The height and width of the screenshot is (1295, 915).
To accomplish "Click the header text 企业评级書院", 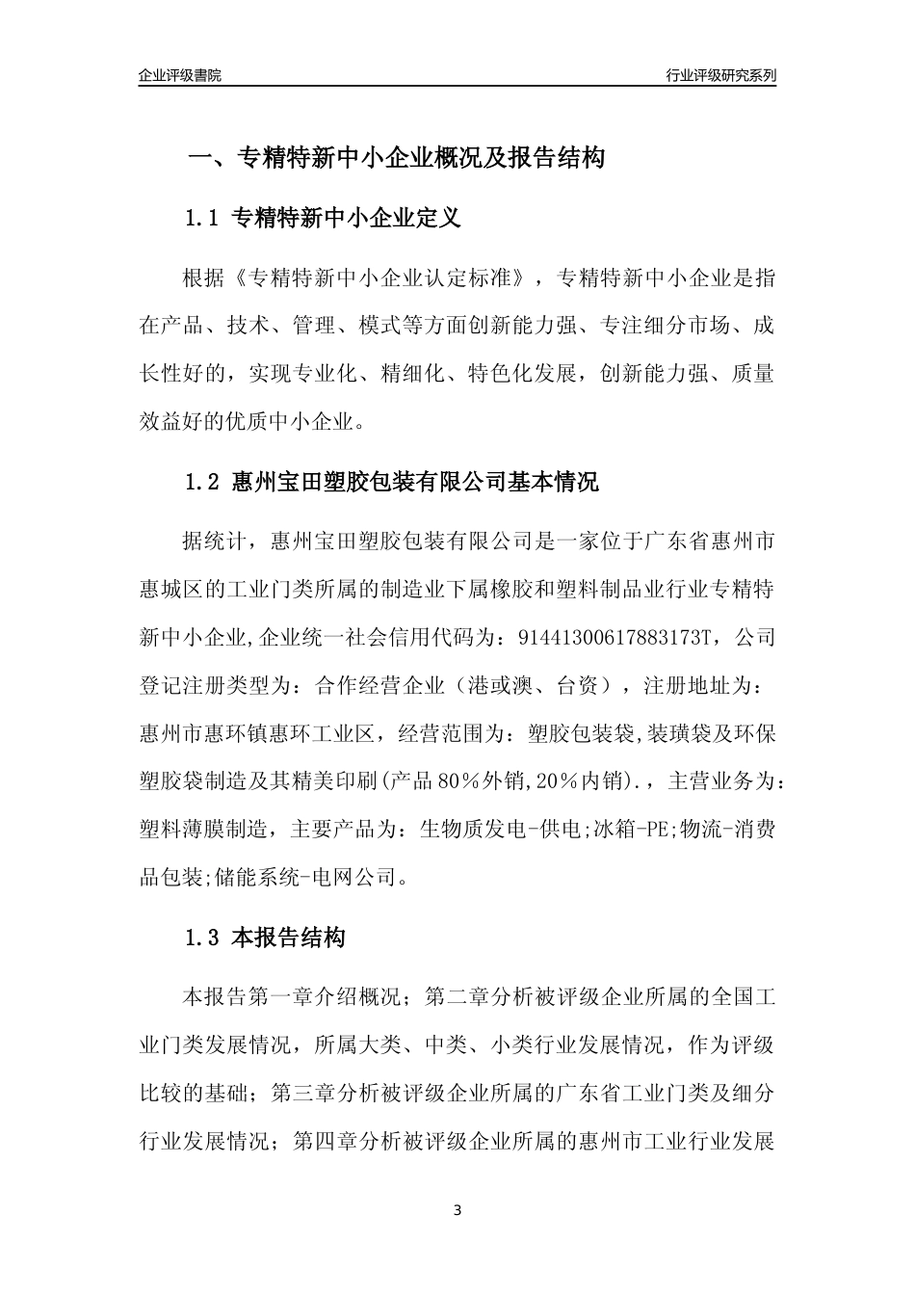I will coord(180,75).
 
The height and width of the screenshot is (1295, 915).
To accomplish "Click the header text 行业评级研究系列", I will coord(720,75).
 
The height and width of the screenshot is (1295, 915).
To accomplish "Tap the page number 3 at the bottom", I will coord(457,1210).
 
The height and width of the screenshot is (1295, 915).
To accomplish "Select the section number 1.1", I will coord(203,219).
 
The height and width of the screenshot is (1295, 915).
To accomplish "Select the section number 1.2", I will coord(203,483).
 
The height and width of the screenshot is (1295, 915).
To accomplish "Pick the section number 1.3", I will coord(203,938).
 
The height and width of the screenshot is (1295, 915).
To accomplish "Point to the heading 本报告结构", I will coord(289,938).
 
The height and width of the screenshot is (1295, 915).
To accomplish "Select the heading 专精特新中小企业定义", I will coord(347,219).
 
